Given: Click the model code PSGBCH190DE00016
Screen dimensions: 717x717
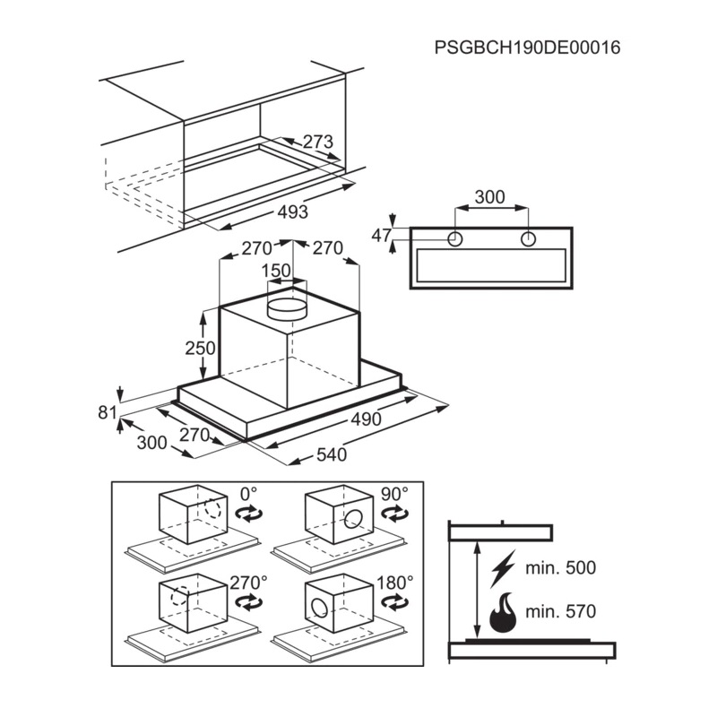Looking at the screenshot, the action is point(527,48).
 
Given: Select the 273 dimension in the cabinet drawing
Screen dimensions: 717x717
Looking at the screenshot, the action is point(318,142).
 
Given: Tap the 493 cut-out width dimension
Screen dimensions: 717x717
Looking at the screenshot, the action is point(293,212).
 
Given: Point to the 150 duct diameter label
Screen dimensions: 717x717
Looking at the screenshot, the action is point(276,271).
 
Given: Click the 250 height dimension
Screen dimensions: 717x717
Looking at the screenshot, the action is point(200,348).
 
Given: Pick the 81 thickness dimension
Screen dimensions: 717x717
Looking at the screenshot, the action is point(108,412).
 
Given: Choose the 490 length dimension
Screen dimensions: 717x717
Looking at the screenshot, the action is point(366,419).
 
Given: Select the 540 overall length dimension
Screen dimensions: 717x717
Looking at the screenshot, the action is point(332,454).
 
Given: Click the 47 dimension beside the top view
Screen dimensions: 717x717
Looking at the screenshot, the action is point(382,236).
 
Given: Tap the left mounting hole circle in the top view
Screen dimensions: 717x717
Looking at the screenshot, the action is point(455,239).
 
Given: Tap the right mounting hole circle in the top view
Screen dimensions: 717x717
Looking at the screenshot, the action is point(529,239).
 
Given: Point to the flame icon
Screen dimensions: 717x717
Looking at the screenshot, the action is point(503,612).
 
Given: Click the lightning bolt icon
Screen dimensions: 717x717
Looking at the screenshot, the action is point(503,568).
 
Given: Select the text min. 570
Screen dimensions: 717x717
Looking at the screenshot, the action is point(561,611).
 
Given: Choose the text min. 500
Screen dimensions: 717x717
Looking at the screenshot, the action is point(561,568).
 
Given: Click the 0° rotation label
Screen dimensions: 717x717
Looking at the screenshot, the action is point(249,495).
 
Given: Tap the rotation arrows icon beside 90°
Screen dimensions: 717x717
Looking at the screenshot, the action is point(394,514).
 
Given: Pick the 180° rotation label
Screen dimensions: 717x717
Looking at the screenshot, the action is point(395,583).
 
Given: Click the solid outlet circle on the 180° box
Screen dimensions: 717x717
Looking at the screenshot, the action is point(320,607).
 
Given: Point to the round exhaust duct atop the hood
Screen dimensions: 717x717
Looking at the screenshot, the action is point(287,308).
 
